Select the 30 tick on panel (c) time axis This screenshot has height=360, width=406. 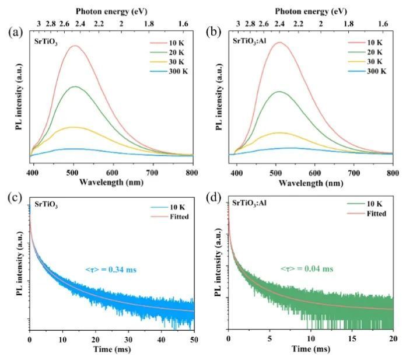[128, 339]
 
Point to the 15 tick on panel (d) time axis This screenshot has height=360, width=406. [352, 339]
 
